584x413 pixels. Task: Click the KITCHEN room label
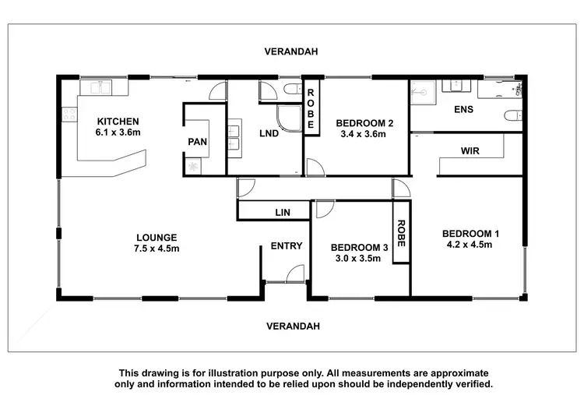[x=118, y=122]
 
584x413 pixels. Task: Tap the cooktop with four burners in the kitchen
[x=70, y=115]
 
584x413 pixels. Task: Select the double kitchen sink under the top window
[x=101, y=86]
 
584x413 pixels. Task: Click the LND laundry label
[x=269, y=134]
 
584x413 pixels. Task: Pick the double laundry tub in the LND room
[x=234, y=136]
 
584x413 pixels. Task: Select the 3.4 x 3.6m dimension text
[x=363, y=134]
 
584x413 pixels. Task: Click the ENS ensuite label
[x=463, y=110]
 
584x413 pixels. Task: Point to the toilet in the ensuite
[x=512, y=116]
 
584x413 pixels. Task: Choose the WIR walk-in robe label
[x=470, y=150]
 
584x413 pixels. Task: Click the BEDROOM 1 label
[x=470, y=233]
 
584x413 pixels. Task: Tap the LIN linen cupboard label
[x=282, y=212]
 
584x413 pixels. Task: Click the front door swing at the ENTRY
[x=294, y=273]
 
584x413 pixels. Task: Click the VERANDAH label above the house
[x=291, y=51]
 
